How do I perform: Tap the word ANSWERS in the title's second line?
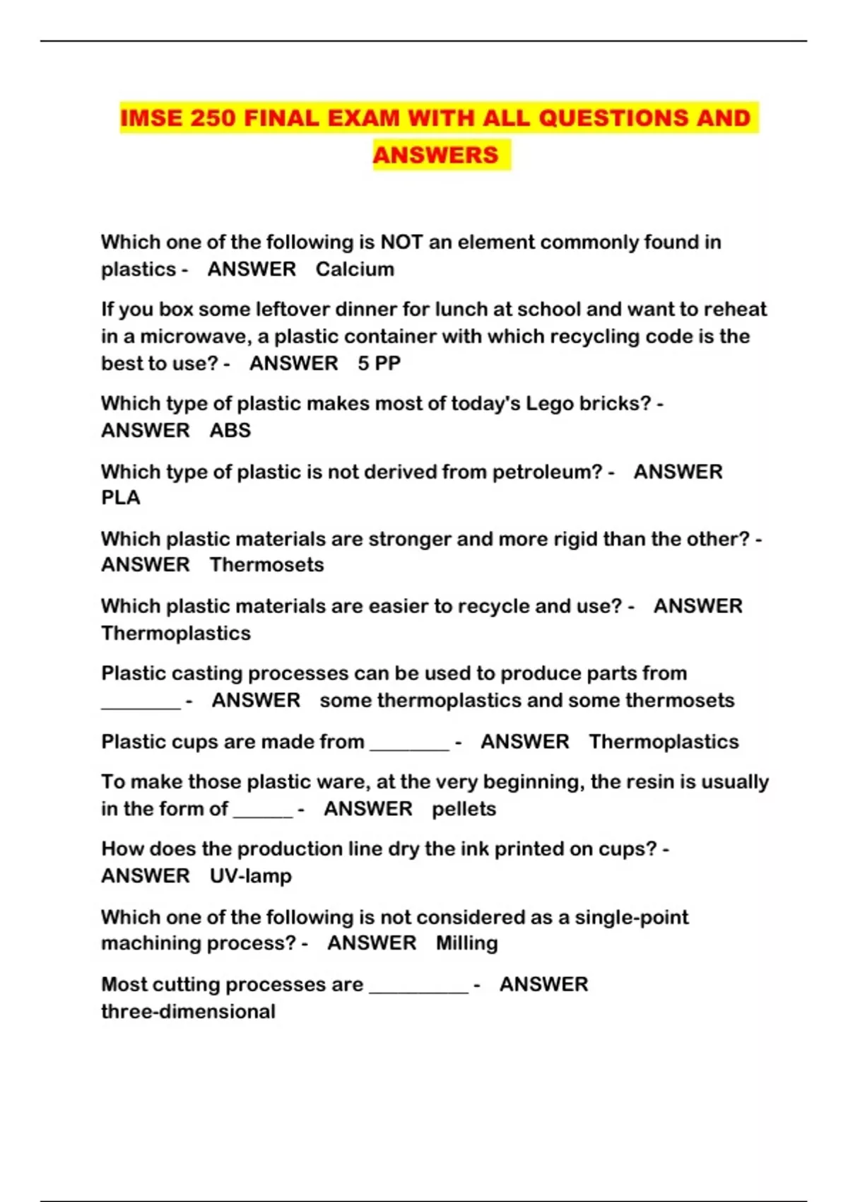(x=435, y=155)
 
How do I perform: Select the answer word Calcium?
(x=355, y=269)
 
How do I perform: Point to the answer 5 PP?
(x=379, y=363)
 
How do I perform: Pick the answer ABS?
(x=230, y=431)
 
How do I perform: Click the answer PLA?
(x=121, y=498)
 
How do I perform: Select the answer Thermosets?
(x=266, y=565)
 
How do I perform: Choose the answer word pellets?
(x=464, y=809)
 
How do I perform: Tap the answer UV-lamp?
(x=250, y=876)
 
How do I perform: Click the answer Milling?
(x=466, y=943)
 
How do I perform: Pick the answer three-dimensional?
(x=188, y=1012)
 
